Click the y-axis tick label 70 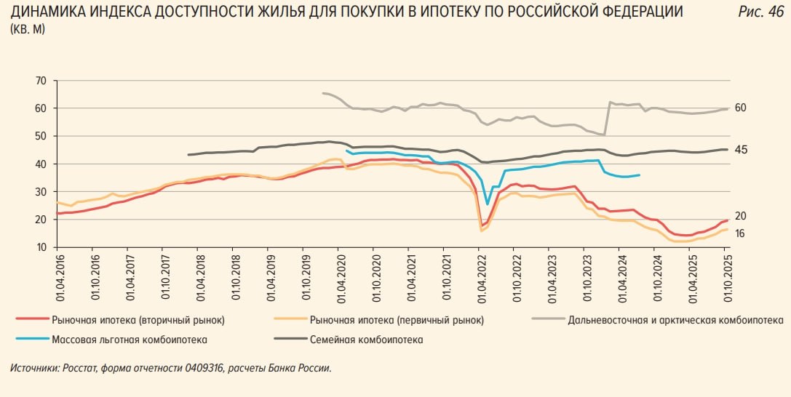tap(40, 80)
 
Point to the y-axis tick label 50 tap(40, 136)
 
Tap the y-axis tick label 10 tap(40, 247)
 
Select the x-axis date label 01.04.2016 tap(58, 276)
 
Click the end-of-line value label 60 tap(742, 108)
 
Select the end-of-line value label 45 tap(742, 150)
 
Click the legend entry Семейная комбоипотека tap(366, 340)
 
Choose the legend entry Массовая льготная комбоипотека tap(130, 340)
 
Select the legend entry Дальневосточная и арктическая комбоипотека tap(675, 320)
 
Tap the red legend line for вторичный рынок tap(31, 320)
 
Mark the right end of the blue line tap(639, 175)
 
